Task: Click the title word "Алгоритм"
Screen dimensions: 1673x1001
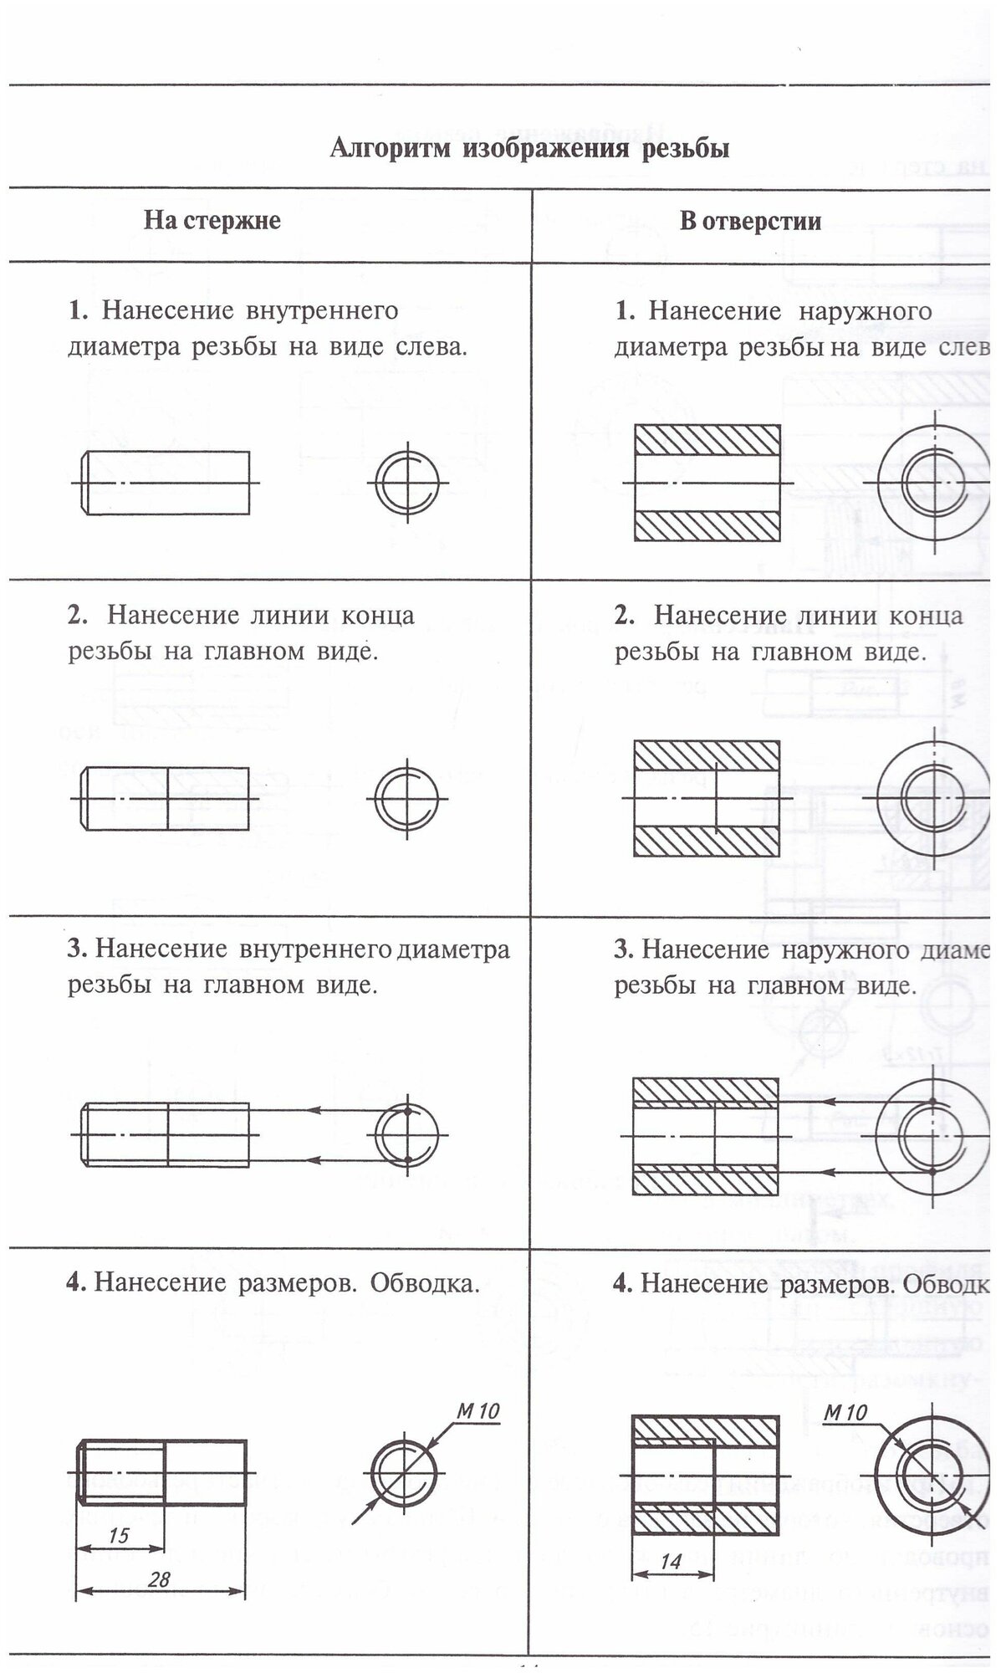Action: pyautogui.click(x=390, y=149)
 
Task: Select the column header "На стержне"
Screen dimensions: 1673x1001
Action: pyautogui.click(x=212, y=221)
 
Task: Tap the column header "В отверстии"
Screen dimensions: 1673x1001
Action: pyautogui.click(x=750, y=222)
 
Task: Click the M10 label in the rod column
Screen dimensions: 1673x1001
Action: pyautogui.click(x=478, y=1411)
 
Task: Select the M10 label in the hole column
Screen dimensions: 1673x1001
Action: pyautogui.click(x=845, y=1413)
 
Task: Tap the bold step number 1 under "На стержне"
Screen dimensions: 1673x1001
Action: pyautogui.click(x=78, y=311)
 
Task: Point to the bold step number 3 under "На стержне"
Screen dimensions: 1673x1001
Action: pyautogui.click(x=77, y=949)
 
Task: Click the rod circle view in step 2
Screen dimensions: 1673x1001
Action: pyautogui.click(x=407, y=798)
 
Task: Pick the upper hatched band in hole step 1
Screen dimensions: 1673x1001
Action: pyautogui.click(x=707, y=439)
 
